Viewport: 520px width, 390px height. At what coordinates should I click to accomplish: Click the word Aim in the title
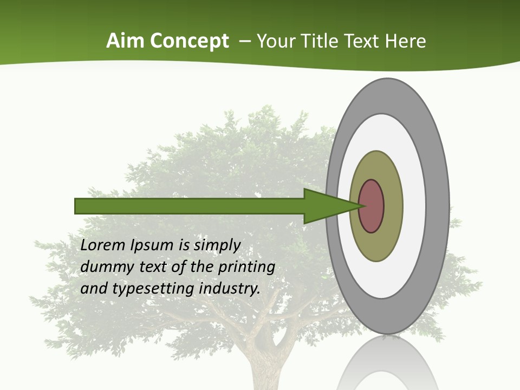click(x=126, y=41)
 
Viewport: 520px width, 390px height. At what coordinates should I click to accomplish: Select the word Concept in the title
click(x=190, y=41)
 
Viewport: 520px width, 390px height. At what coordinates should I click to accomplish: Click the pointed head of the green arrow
click(x=336, y=206)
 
